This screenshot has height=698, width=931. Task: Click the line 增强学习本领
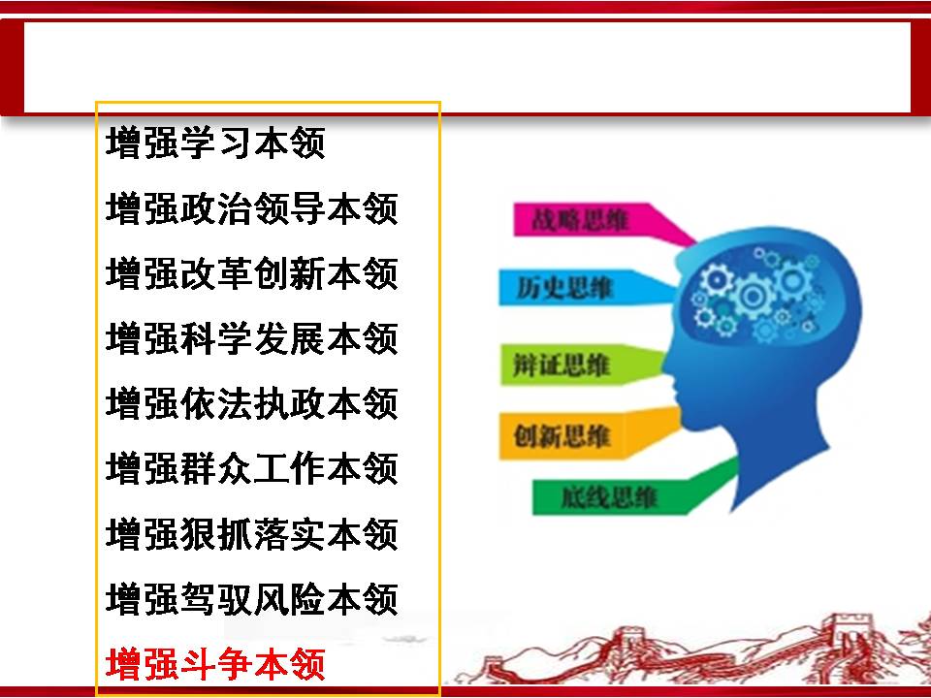[215, 143]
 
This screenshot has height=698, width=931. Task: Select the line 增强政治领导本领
[252, 208]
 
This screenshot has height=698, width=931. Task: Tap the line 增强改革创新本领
[252, 273]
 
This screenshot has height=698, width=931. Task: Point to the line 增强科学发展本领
[252, 338]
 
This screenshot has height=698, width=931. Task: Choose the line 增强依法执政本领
[252, 403]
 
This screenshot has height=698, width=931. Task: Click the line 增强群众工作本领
[252, 468]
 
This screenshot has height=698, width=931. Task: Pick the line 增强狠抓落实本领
[252, 533]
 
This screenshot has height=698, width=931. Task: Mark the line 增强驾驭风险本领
[252, 598]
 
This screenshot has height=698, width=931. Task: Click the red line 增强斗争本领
[215, 663]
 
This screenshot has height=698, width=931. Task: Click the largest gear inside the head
[753, 295]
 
